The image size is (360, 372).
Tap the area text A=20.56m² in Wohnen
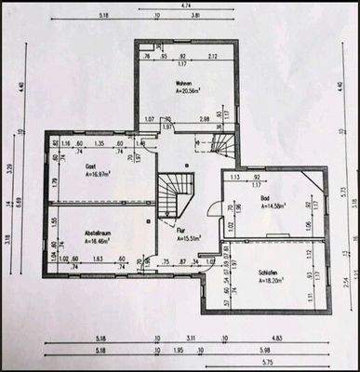[176, 92]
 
